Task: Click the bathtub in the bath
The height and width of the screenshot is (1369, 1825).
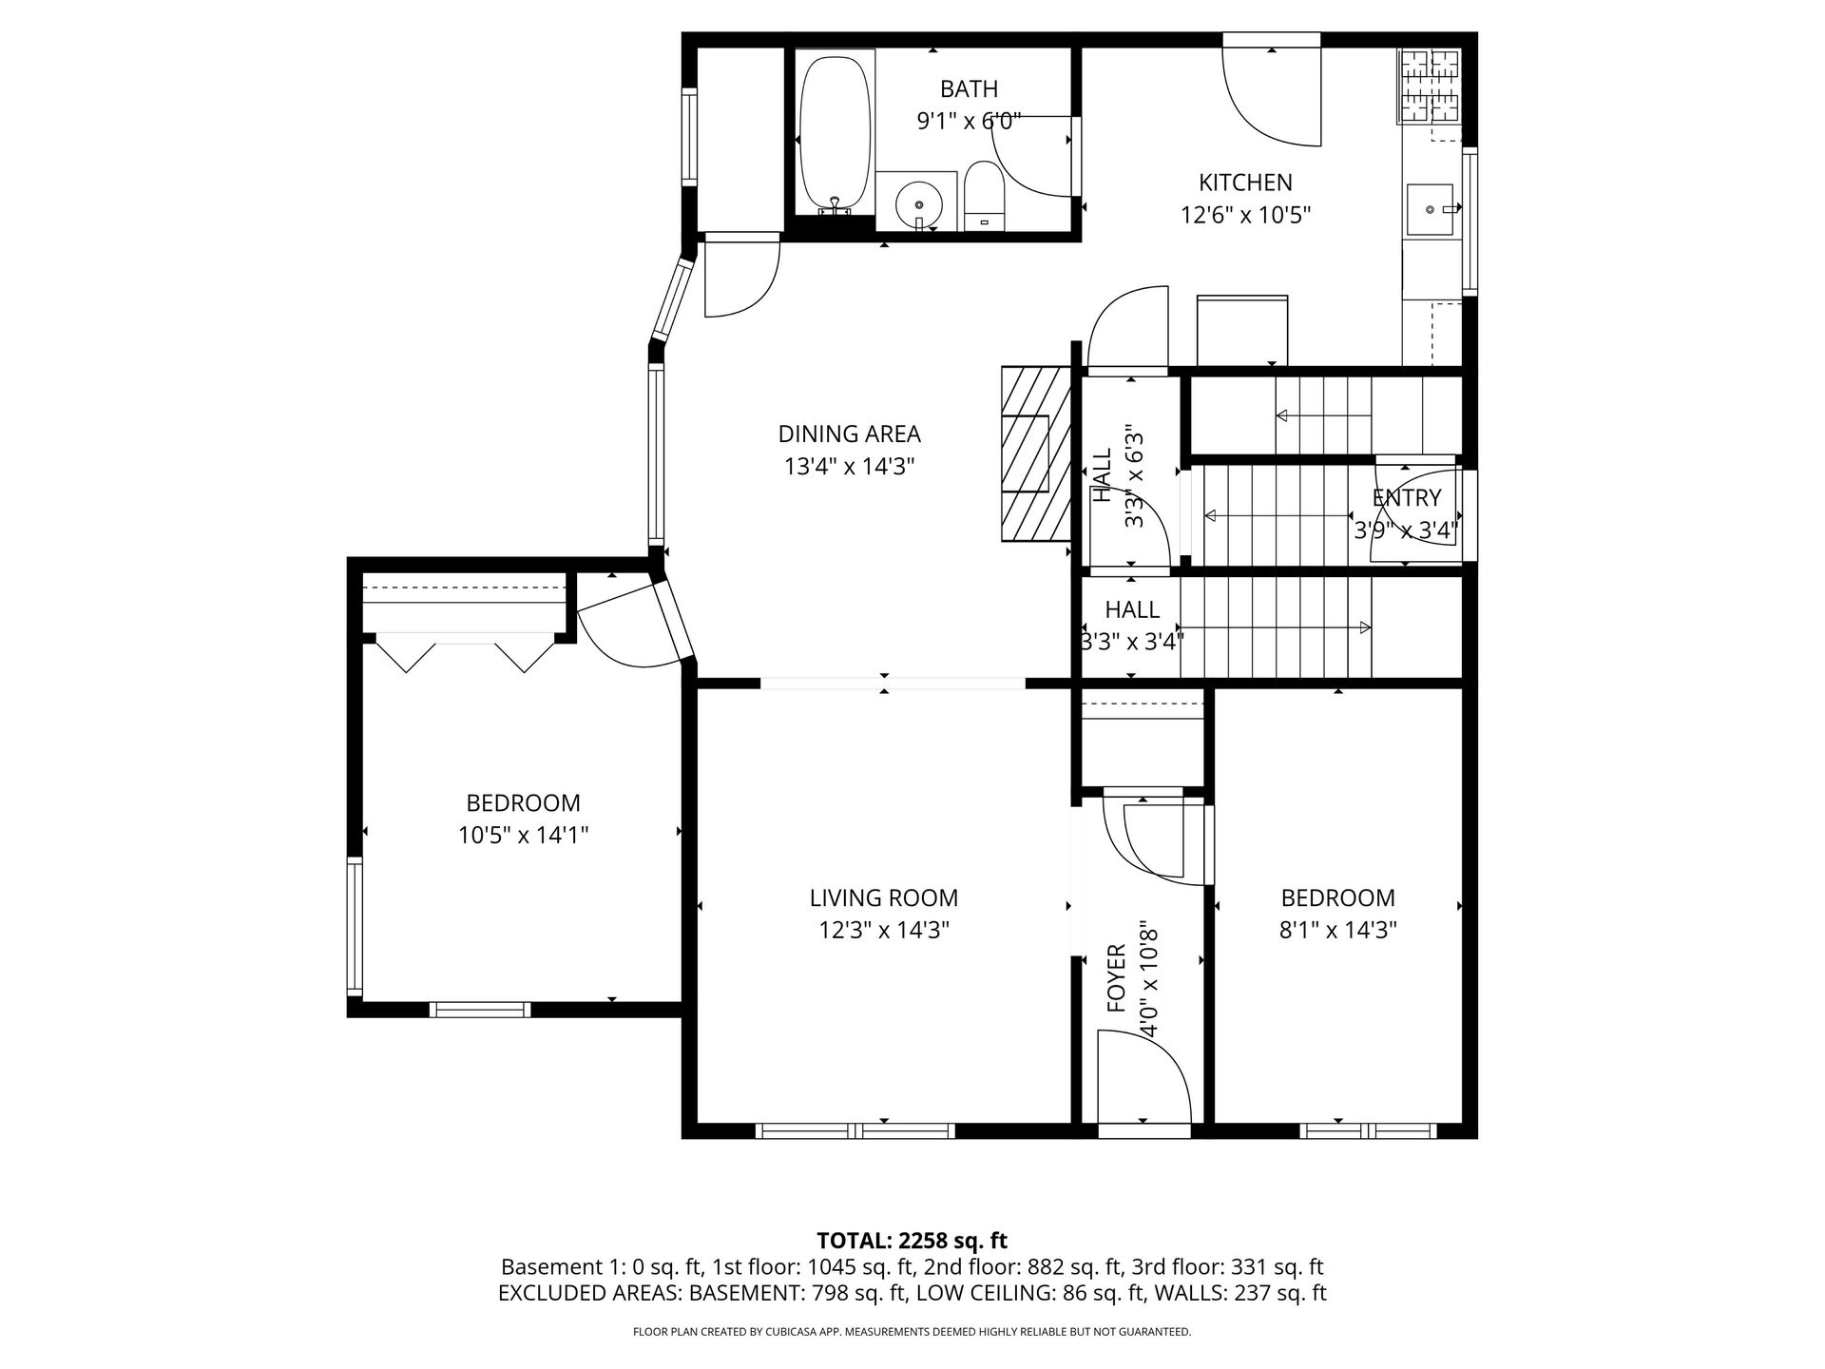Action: pos(835,133)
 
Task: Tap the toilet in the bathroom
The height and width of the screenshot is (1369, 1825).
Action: pos(984,195)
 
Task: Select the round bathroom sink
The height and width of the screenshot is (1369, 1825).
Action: pos(919,203)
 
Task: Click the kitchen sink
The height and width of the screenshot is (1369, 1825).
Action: pos(1430,209)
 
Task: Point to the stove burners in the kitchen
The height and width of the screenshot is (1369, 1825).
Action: pos(1429,86)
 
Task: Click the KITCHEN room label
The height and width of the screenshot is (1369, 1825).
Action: pos(1245,183)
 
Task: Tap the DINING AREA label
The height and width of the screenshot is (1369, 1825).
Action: pos(849,434)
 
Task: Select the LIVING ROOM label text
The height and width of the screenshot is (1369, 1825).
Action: pos(884,897)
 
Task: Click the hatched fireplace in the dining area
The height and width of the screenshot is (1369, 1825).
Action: pos(1036,454)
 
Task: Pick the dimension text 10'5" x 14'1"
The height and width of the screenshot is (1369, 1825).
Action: pos(523,836)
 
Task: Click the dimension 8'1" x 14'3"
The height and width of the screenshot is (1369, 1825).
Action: pos(1338,930)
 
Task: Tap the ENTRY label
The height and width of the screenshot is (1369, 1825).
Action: pos(1407,497)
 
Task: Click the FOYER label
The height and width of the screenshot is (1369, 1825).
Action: pos(1117,977)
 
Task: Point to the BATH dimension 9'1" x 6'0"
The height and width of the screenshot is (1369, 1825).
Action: pos(969,121)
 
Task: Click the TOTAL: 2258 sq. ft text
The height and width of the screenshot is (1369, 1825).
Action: pos(912,1241)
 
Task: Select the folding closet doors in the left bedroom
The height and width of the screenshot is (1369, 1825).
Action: pos(466,654)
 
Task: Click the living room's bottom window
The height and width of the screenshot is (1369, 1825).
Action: pos(855,1130)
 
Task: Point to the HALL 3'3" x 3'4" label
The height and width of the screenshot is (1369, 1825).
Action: pos(1132,626)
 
